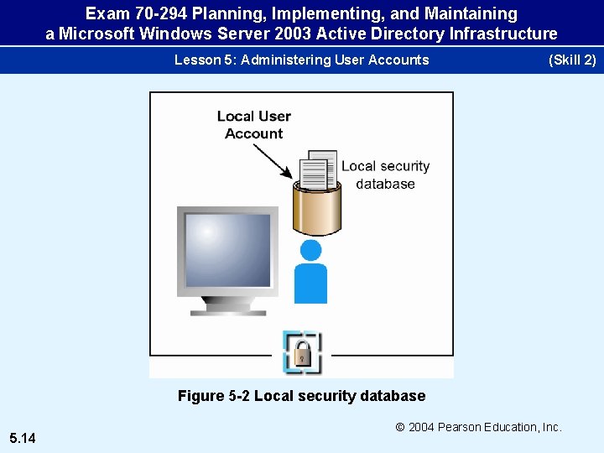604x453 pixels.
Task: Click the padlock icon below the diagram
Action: point(302,352)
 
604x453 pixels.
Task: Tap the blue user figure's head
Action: point(310,250)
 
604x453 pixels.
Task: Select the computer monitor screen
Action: point(227,250)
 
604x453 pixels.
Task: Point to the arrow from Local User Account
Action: point(272,161)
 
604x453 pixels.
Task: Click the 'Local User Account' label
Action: point(253,125)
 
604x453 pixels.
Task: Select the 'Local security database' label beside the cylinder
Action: point(385,175)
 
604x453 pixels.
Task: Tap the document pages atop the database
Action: point(318,169)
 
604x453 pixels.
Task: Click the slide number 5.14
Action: point(23,437)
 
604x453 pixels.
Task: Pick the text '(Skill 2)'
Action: point(571,60)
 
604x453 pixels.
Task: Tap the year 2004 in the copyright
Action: point(423,427)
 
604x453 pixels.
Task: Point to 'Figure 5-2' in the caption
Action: point(213,396)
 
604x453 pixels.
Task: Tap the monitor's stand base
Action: point(227,311)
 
